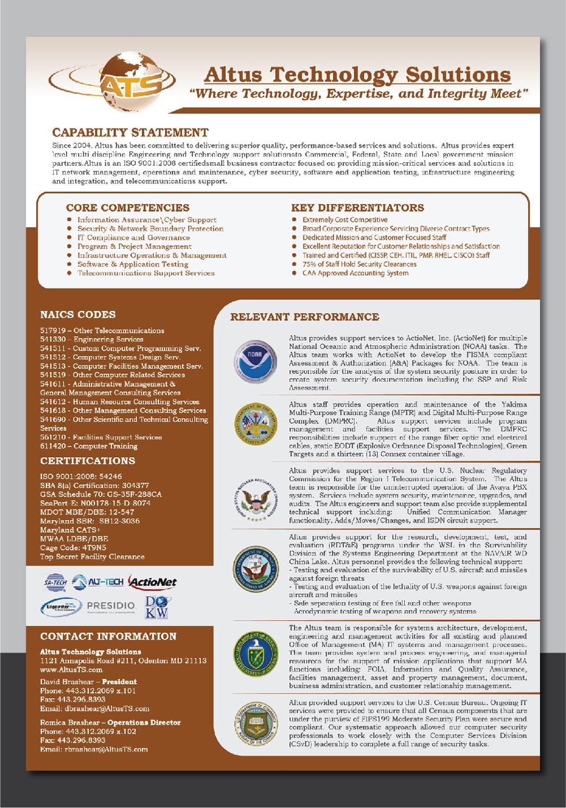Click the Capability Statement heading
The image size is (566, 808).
coord(130,132)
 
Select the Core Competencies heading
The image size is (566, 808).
coord(127,208)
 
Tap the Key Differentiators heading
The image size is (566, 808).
coord(357,208)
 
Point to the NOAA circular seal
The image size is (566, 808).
coord(255,361)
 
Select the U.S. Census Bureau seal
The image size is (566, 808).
coord(256,723)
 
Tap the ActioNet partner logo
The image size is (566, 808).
coord(152,582)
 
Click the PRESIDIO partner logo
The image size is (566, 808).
coord(111,607)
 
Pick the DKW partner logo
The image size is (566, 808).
coord(157,607)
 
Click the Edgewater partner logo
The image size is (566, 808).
coord(61,607)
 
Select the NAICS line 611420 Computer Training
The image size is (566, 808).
coord(89,446)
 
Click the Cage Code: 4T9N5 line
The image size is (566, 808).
coord(73,548)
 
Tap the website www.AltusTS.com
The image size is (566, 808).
coord(71,669)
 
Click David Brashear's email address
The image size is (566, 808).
coord(95,708)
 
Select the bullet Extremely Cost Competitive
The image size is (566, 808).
coord(345,220)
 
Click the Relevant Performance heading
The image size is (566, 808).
coord(305,317)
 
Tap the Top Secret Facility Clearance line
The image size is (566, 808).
coord(92,557)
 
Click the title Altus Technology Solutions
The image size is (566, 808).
coord(357,75)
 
